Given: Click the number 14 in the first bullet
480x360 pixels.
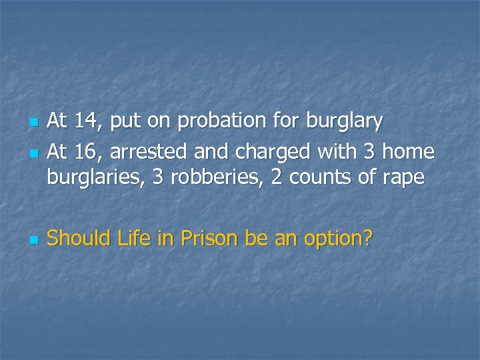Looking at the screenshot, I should click(x=85, y=121).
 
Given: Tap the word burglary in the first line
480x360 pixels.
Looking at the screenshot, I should click(x=344, y=121).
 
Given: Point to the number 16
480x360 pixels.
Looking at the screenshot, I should click(x=85, y=152).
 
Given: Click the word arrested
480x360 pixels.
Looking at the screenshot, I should click(x=148, y=152).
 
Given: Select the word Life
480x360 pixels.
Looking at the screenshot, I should click(x=133, y=238).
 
